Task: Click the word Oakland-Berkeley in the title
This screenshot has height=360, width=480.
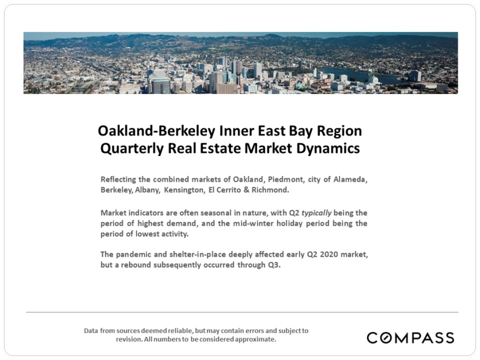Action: [x=157, y=131]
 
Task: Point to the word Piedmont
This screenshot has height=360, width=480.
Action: [x=286, y=179]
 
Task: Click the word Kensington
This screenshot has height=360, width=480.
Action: [x=184, y=190]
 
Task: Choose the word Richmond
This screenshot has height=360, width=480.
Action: [x=270, y=190]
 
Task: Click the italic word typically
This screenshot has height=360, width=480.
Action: [x=317, y=213]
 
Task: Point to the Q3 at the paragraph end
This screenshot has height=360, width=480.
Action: [x=274, y=265]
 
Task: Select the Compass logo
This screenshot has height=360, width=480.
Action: [x=411, y=338]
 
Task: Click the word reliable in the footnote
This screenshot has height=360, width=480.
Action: [x=182, y=331]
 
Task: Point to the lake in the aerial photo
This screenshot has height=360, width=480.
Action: [x=358, y=75]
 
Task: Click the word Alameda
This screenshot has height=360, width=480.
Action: [x=350, y=179]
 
